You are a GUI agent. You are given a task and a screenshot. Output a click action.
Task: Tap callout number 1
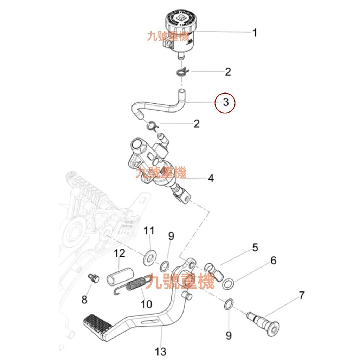tap(255, 33)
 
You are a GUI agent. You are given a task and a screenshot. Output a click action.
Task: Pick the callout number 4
tap(211, 178)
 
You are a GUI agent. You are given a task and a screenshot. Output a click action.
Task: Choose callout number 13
tap(160, 351)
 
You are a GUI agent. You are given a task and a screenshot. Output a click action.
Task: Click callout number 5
tap(255, 247)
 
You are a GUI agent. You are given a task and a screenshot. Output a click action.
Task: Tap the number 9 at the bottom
tap(229, 336)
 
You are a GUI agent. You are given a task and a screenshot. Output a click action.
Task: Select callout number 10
tap(146, 303)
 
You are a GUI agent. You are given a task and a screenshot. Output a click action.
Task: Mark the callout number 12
tap(120, 253)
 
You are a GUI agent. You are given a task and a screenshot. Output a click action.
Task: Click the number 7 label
tap(302, 295)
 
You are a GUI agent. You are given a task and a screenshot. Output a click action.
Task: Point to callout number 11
tap(149, 231)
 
